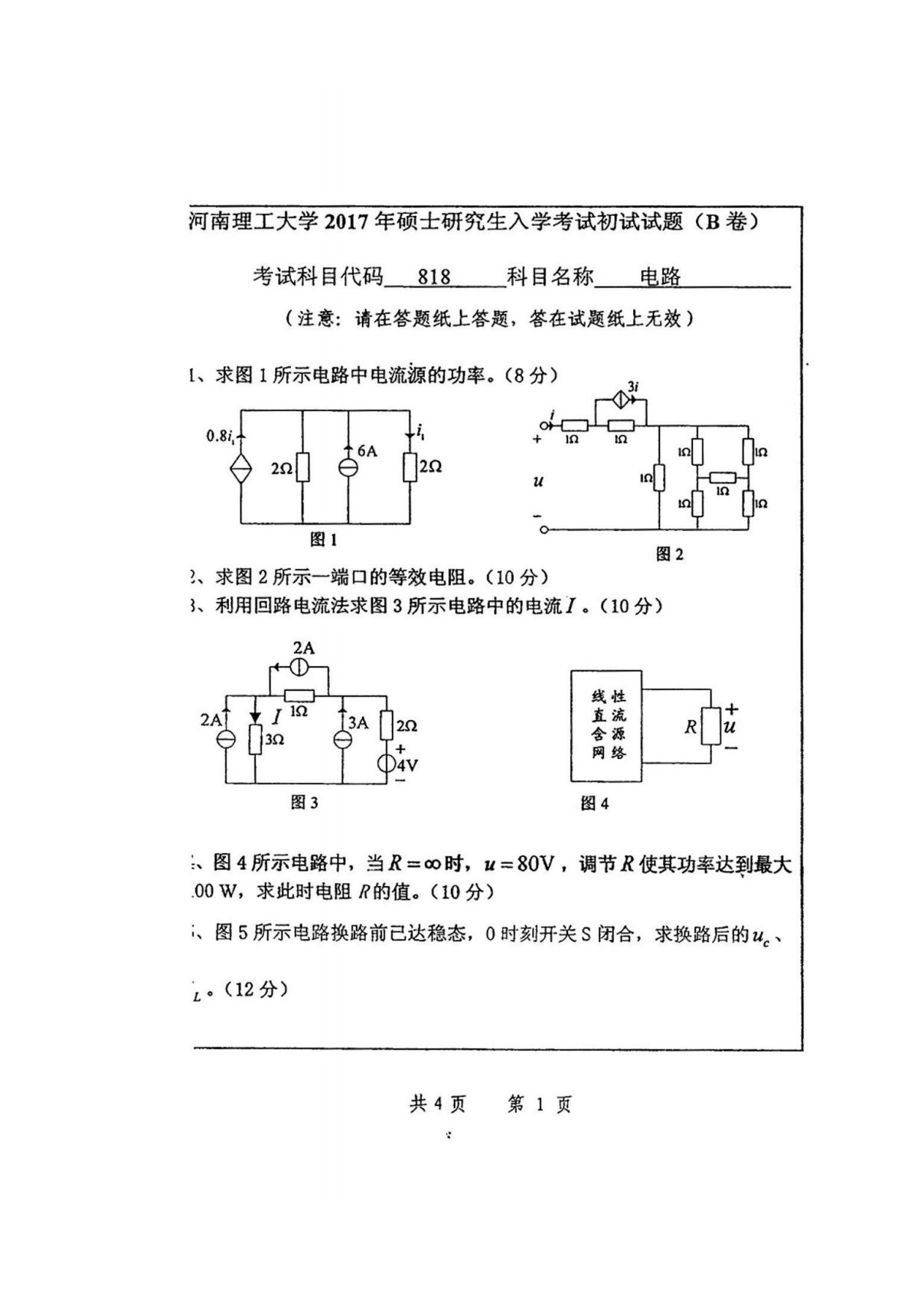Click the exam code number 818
(434, 276)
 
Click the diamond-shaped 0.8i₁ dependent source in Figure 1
(241, 467)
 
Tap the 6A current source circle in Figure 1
(349, 466)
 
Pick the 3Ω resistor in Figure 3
(255, 738)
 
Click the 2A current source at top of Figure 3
(301, 667)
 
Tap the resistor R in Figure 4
(710, 726)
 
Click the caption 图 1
(324, 539)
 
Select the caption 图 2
(670, 554)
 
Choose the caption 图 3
(304, 802)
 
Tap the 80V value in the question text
(534, 864)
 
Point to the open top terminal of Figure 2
(544, 425)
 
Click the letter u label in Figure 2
(538, 481)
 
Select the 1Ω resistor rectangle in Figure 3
(299, 695)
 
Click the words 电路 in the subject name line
(660, 276)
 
